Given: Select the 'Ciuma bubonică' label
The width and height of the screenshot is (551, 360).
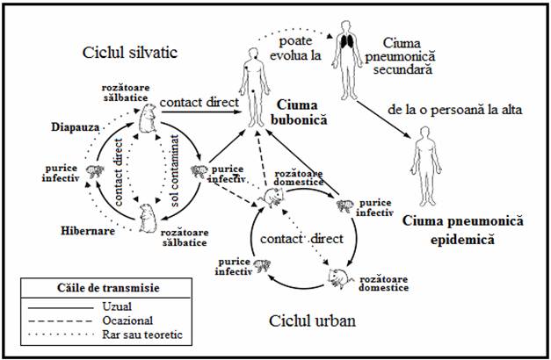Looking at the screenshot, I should pyautogui.click(x=301, y=112).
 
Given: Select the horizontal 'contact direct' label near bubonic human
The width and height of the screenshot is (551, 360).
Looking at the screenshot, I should pyautogui.click(x=199, y=103).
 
